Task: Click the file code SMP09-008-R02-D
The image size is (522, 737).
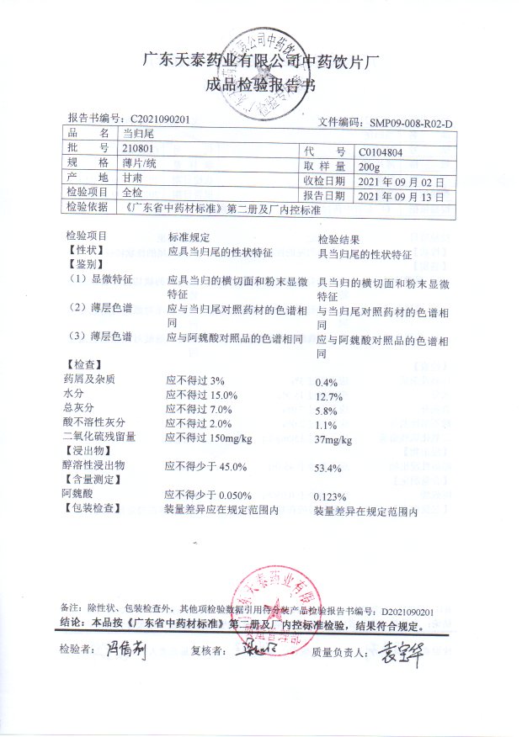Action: [411, 123]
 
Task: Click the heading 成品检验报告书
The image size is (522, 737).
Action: [260, 85]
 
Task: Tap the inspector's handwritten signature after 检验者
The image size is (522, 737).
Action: [126, 651]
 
